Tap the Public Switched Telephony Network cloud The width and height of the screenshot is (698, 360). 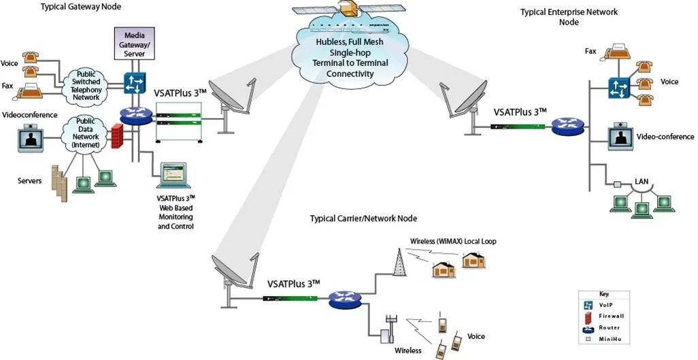86,86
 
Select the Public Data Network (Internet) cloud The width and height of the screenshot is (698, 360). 85,133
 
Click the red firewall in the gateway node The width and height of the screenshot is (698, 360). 116,137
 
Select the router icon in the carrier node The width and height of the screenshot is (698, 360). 339,299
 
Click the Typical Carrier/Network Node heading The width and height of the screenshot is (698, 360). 363,218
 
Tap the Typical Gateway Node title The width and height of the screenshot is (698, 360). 76,7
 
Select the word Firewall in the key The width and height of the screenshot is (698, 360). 611,316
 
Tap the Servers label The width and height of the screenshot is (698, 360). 30,180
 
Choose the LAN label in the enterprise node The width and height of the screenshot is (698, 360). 642,181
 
